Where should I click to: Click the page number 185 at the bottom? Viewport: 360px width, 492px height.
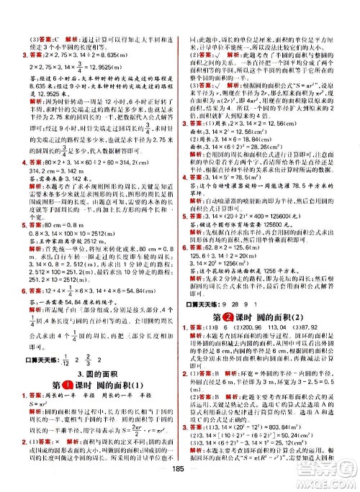pos(179,482)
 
